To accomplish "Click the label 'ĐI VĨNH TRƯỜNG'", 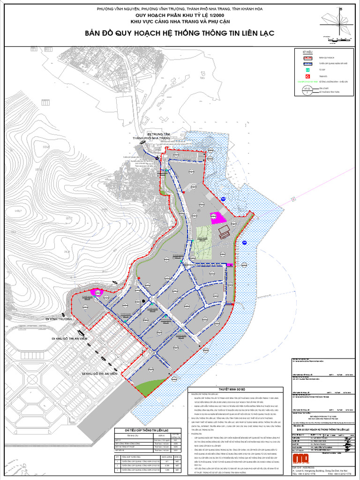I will pyautogui.click(x=59, y=319).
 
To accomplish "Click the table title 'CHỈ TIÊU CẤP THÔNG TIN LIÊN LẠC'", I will pyautogui.click(x=146, y=429).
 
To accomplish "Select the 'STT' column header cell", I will pyautogui.click(x=117, y=454).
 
